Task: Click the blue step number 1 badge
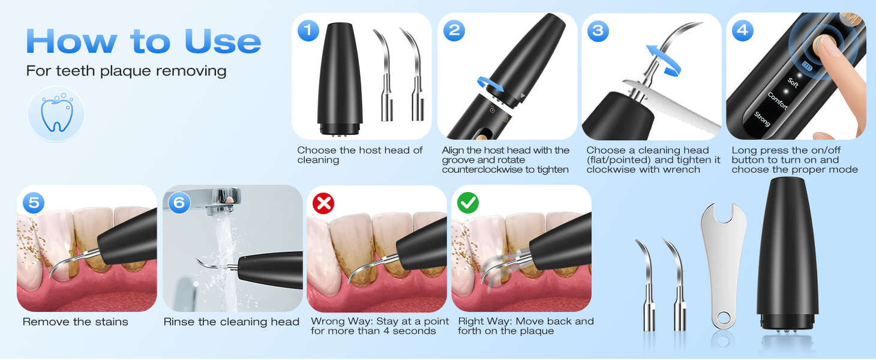[308, 31]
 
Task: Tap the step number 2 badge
[454, 31]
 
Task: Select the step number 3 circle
[598, 31]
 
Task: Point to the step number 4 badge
[742, 31]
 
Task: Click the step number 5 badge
[34, 202]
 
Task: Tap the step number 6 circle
[179, 202]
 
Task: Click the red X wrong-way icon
[323, 203]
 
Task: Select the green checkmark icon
[468, 202]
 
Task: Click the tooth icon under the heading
[56, 114]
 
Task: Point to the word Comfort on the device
[778, 101]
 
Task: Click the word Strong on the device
[762, 119]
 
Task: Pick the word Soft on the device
[793, 82]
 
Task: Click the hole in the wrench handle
[722, 318]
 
